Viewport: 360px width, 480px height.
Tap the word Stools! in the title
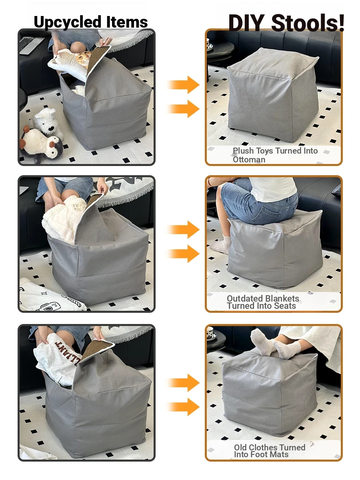(x=308, y=23)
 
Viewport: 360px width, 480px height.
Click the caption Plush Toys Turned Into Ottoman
(x=275, y=155)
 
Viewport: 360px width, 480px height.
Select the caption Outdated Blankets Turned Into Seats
(x=263, y=302)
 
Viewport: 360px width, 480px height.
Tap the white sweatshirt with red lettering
(x=58, y=360)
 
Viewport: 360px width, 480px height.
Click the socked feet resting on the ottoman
(x=276, y=346)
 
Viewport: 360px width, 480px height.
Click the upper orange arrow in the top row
(x=183, y=85)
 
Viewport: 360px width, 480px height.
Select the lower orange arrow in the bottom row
(x=183, y=407)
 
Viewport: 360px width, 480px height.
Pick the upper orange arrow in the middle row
(x=183, y=229)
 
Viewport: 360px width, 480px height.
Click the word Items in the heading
(x=127, y=22)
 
